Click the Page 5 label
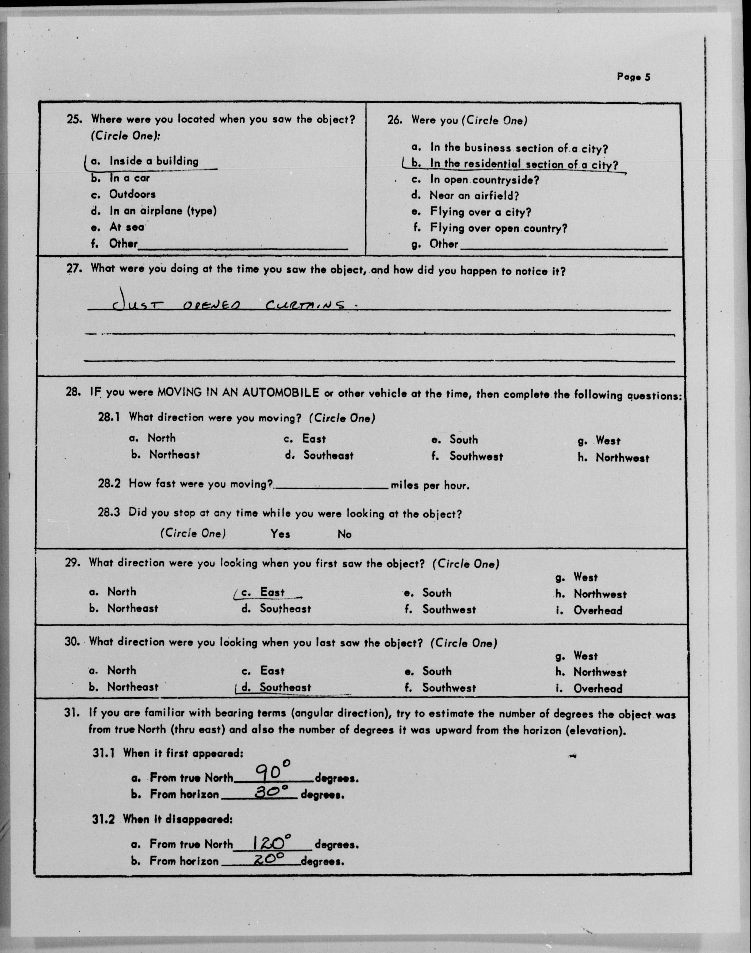point(633,77)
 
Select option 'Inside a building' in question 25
point(154,161)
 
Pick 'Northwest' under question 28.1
point(622,458)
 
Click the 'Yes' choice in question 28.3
point(280,534)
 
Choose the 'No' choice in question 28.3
point(344,534)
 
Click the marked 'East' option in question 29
point(272,592)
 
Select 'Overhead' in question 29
point(597,610)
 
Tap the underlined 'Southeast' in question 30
point(285,687)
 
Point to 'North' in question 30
point(122,671)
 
